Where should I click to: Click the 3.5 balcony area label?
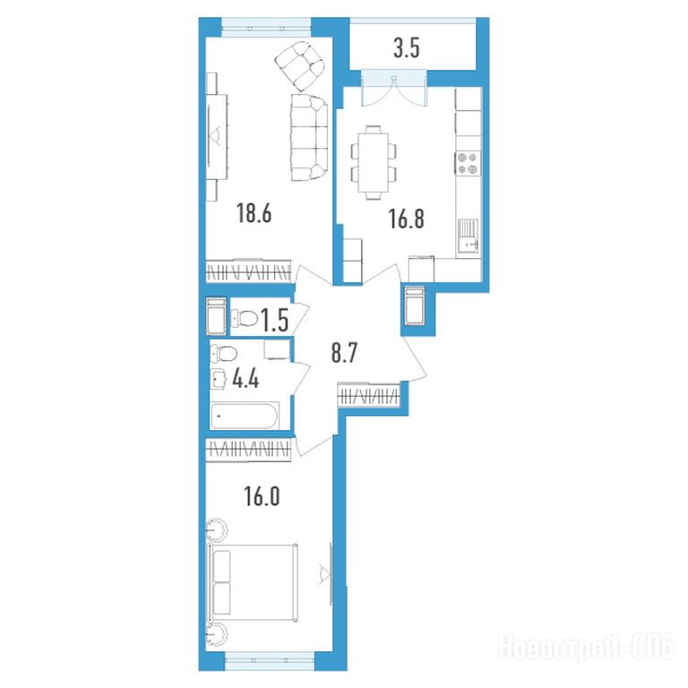pos(407,47)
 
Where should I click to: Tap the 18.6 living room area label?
pos(254,213)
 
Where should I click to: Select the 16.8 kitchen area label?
pos(407,219)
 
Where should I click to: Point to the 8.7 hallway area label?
pos(344,353)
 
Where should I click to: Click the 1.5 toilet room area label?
pos(275,320)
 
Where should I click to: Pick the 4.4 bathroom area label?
pos(245,379)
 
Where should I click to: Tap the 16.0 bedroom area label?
pos(262,496)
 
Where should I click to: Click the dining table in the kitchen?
pos(374,163)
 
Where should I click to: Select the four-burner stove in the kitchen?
pos(468,163)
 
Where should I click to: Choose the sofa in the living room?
pos(309,137)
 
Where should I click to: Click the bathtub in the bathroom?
pos(245,416)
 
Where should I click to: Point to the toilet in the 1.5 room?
pos(245,319)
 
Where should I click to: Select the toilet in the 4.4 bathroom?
pos(223,353)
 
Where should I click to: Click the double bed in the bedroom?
pos(253,583)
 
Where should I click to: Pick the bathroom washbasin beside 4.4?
pos(219,379)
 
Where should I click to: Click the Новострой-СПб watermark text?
pos(586,647)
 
